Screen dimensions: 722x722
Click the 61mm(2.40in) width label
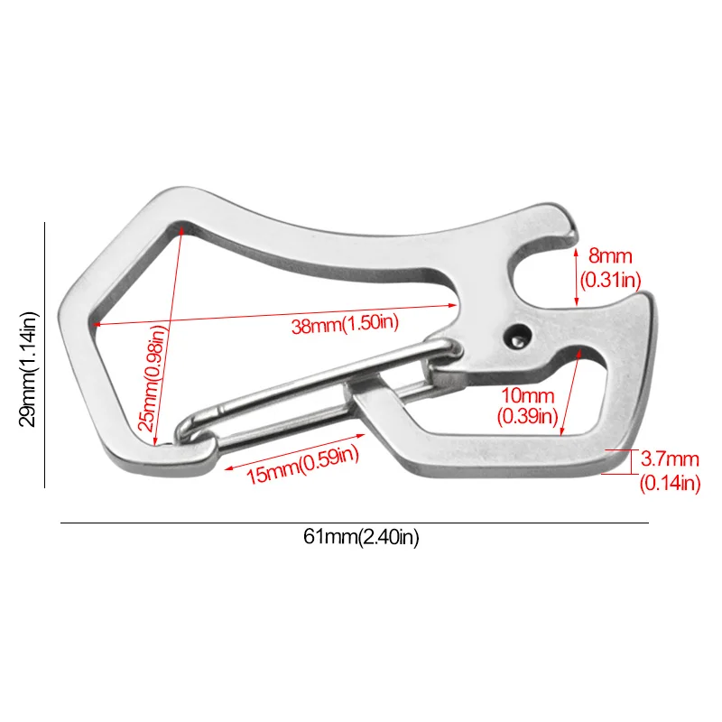click(361, 538)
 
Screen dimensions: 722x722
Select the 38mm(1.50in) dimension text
click(345, 326)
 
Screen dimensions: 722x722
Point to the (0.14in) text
click(669, 484)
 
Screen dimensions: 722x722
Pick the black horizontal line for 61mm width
click(354, 523)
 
